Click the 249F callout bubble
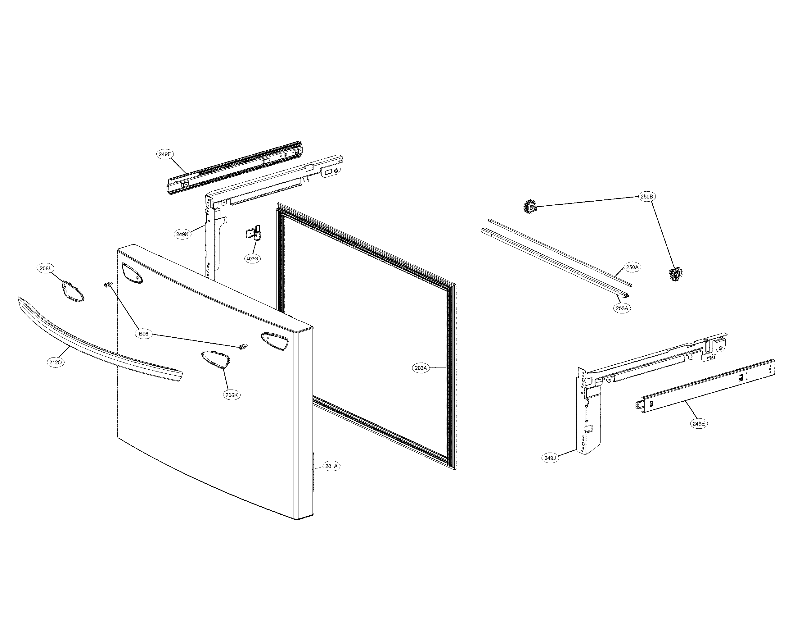[x=165, y=154]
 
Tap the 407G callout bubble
[x=252, y=259]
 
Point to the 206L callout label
[x=46, y=268]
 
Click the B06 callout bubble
[x=144, y=334]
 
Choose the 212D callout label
[x=56, y=362]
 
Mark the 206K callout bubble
[x=232, y=395]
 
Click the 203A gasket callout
[x=421, y=368]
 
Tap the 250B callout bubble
[x=646, y=196]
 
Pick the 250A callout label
[x=632, y=267]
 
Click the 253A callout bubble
[x=622, y=308]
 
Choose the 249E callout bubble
[x=698, y=424]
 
